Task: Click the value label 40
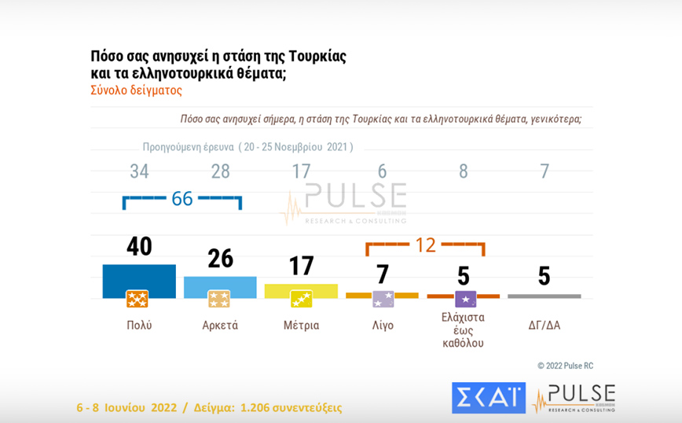point(139,247)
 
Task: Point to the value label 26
point(220,258)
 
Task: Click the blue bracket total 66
point(182,198)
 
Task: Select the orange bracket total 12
point(425,245)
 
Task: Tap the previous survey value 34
point(139,171)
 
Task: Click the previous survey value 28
point(220,171)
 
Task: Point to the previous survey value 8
point(464,171)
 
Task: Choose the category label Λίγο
point(382,325)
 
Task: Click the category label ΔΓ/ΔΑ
point(544,325)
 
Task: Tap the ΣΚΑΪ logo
point(488,397)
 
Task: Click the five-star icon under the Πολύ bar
point(137,299)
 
